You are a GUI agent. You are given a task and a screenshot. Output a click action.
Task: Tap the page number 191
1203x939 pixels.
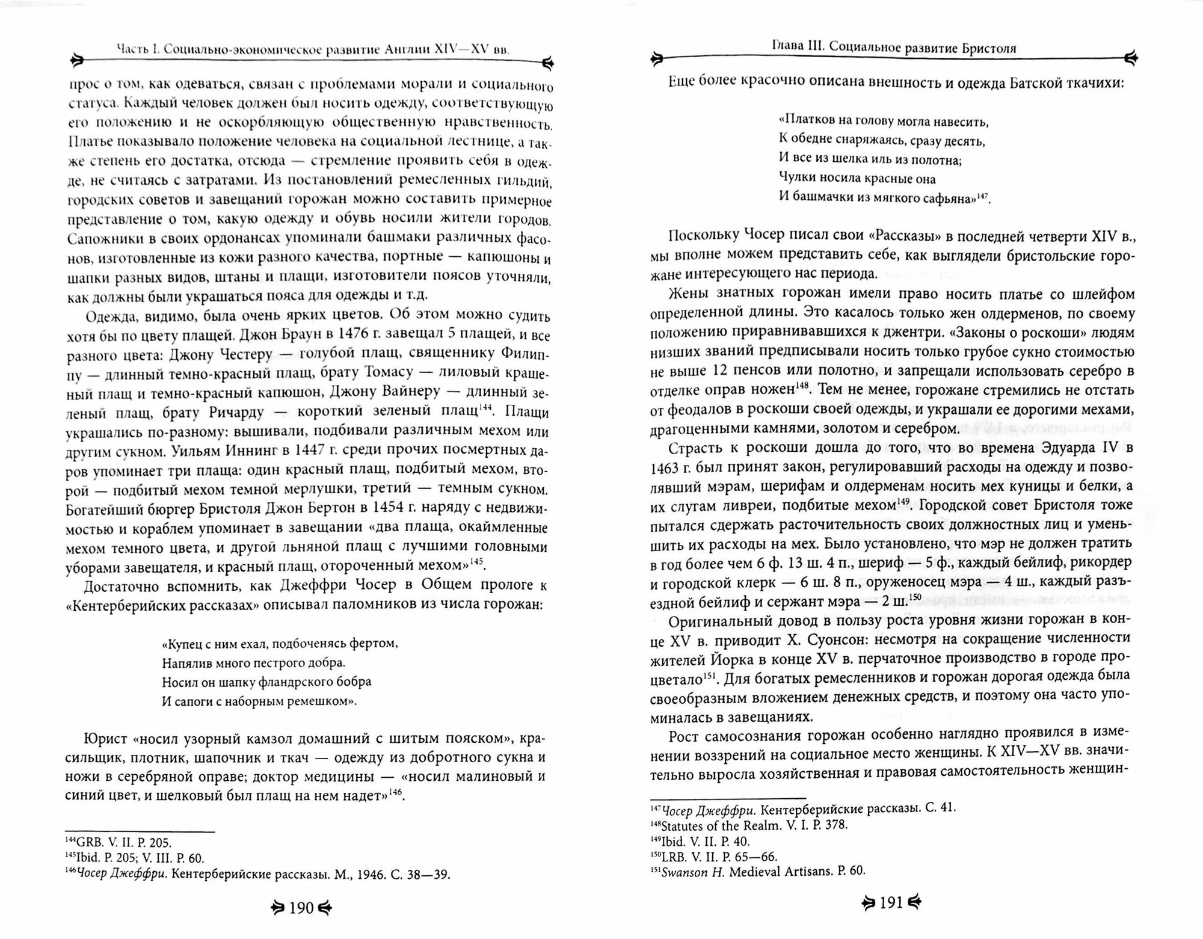coord(892,903)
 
